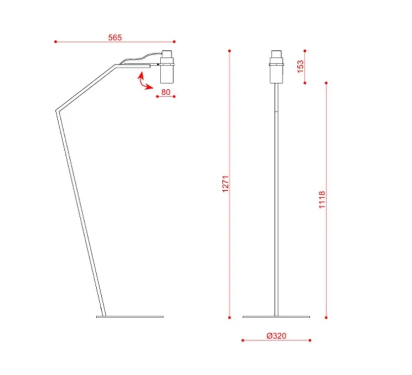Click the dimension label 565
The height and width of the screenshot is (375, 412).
115,38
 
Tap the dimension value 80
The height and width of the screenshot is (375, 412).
166,92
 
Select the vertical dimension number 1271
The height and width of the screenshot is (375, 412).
225,184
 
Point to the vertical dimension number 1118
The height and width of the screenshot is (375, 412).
322,200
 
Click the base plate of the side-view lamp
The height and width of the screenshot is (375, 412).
130,317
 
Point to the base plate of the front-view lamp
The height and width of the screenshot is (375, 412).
276,317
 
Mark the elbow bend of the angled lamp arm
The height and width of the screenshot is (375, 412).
56,113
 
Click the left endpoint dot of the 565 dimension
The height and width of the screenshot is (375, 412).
55,41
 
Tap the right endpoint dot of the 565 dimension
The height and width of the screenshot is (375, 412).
174,41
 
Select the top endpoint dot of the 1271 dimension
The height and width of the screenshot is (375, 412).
229,50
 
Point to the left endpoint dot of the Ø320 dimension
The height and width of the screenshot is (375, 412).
242,340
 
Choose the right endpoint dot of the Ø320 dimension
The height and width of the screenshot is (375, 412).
310,340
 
